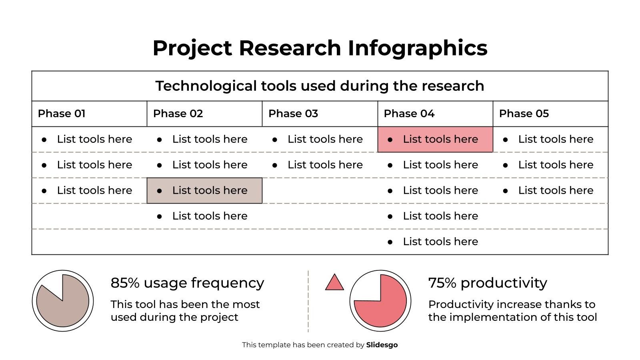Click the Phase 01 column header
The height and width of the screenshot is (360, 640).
(x=62, y=114)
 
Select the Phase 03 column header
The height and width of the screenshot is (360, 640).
(x=293, y=114)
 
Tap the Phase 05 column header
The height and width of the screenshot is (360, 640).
(x=524, y=114)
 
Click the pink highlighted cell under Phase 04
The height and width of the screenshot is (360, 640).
(x=435, y=139)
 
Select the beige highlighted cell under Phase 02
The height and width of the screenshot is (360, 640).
(x=204, y=190)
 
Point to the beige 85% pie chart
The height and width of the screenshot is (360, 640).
(x=63, y=301)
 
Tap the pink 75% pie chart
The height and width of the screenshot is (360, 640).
(x=380, y=301)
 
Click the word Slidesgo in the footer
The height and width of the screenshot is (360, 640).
(x=382, y=345)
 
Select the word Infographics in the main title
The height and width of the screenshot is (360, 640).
(x=417, y=48)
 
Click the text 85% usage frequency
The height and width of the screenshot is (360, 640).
(x=187, y=283)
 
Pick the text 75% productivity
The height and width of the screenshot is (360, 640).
(x=487, y=283)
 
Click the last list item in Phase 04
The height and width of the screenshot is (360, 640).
(x=440, y=242)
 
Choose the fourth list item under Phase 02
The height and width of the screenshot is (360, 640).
(x=210, y=216)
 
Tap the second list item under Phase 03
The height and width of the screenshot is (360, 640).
(x=325, y=165)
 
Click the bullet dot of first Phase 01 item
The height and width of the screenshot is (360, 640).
(x=44, y=140)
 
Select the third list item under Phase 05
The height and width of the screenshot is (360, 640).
(x=555, y=190)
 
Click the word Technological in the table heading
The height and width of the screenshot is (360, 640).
(x=206, y=86)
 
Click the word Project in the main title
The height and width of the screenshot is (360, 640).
(x=192, y=48)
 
